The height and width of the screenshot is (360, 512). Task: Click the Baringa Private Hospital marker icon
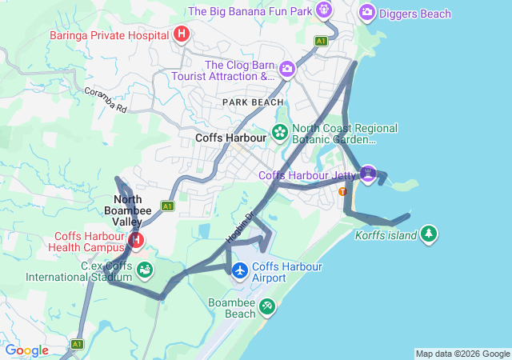tap(182, 34)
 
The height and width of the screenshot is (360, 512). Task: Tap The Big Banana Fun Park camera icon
tap(323, 10)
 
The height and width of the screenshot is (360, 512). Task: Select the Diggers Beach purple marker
tap(367, 12)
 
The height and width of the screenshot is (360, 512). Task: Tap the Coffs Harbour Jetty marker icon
tap(367, 174)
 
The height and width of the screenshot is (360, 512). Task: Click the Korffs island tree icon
tap(430, 233)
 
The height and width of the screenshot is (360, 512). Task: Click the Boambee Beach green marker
tap(267, 306)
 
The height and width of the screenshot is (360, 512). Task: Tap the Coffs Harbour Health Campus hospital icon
tap(137, 240)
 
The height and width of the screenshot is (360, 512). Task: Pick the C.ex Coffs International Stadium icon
tap(145, 270)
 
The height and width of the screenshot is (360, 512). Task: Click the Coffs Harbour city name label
tap(230, 138)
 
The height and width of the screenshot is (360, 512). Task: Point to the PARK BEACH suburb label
tap(253, 102)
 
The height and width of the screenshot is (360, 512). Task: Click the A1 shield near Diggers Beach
tap(322, 40)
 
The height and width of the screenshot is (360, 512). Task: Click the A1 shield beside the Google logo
tap(77, 344)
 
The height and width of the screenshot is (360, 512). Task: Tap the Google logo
tap(27, 350)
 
